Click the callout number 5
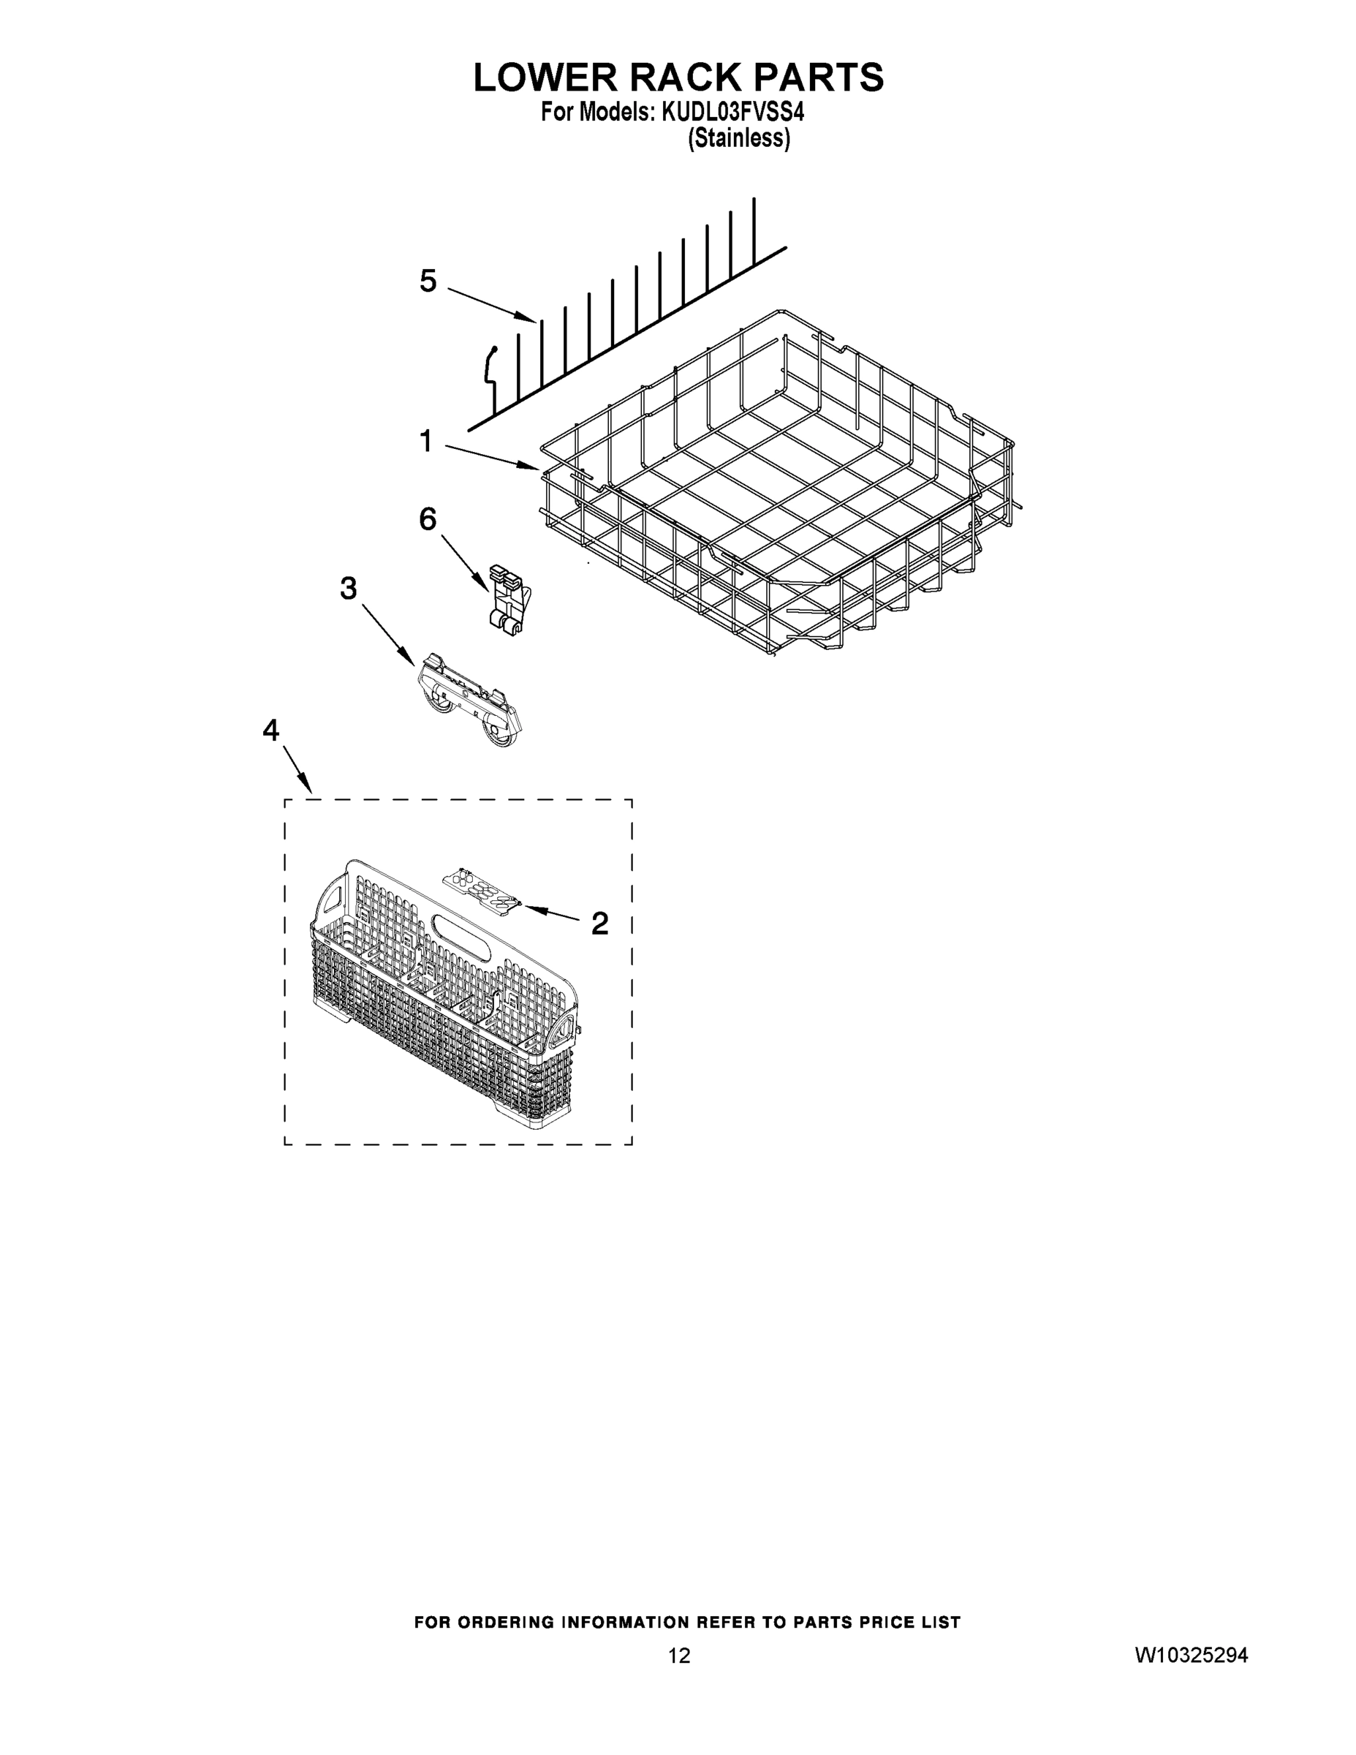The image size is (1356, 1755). point(428,282)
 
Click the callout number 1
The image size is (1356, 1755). point(425,441)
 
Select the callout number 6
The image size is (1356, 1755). point(428,520)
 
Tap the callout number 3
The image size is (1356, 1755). point(348,589)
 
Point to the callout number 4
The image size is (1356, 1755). point(271,731)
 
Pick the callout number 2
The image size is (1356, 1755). point(599,924)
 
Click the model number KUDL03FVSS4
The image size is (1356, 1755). point(732,112)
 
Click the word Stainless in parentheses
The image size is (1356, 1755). point(739,138)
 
